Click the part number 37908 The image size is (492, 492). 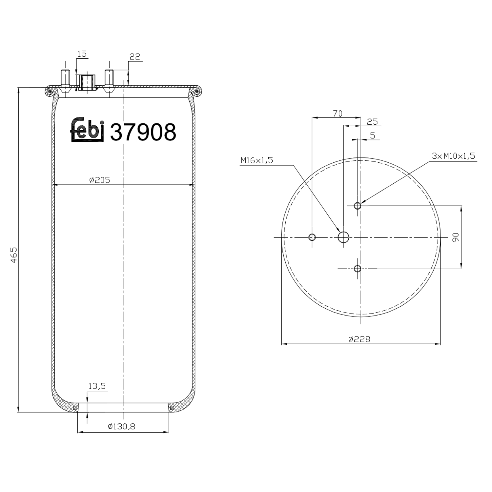click(143, 132)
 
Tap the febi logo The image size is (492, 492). click(88, 130)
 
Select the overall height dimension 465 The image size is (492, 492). click(14, 255)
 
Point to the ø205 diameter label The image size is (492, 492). click(99, 180)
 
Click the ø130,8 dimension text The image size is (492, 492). click(121, 426)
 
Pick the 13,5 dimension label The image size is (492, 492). click(97, 386)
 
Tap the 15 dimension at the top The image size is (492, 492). click(82, 54)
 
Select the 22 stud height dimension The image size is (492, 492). click(135, 56)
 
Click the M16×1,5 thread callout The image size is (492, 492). click(256, 160)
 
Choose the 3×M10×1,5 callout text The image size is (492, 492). click(453, 156)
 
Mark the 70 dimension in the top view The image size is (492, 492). click(338, 113)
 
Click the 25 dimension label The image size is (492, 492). click(372, 122)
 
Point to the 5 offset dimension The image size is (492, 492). click(372, 135)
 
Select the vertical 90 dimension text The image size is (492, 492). click(456, 237)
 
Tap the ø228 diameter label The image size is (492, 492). click(359, 339)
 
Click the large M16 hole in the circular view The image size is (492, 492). click(343, 237)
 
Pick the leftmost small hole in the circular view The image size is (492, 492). click(312, 237)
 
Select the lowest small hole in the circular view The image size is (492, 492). click(358, 269)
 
